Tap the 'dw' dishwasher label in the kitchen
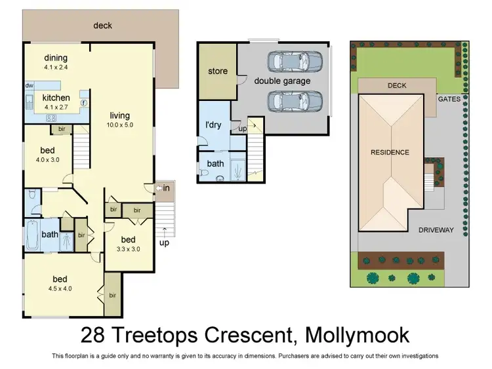point(30,85)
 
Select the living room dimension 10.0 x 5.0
point(121,124)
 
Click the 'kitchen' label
point(56,98)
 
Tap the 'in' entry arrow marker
point(164,189)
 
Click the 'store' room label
point(217,71)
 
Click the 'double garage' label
point(282,81)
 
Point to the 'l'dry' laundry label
point(213,125)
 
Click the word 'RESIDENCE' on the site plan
point(390,152)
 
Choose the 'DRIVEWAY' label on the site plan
point(436,230)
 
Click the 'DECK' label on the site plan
point(397,85)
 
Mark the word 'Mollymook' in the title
point(357,336)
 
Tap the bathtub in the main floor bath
point(33,235)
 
